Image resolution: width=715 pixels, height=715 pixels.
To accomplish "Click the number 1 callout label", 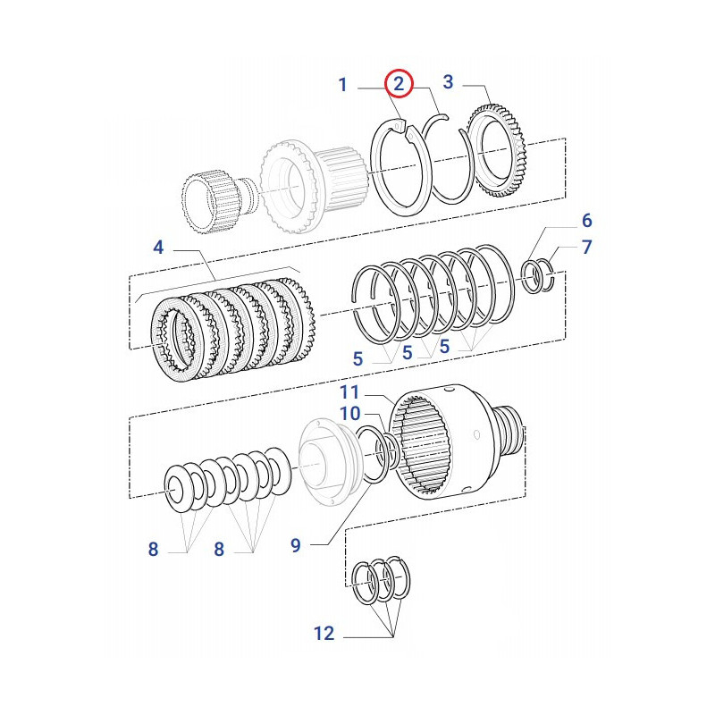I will click(x=342, y=85).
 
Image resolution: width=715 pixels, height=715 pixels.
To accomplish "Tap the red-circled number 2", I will click(x=399, y=85).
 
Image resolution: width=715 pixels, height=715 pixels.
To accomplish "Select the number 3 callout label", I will click(x=448, y=81).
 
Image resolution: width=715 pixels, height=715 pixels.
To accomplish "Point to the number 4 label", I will click(x=158, y=247).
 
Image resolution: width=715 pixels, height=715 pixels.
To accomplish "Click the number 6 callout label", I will click(x=587, y=220).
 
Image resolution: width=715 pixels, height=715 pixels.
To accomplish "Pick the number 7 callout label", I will click(x=587, y=248).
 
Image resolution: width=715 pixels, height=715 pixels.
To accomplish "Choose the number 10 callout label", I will click(x=349, y=413).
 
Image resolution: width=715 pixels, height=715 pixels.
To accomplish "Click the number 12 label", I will click(x=324, y=634).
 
